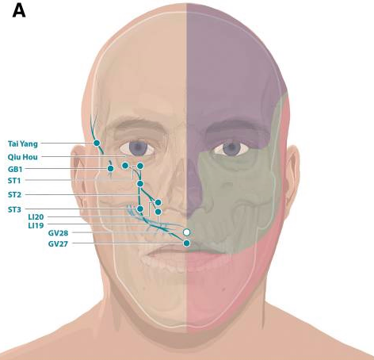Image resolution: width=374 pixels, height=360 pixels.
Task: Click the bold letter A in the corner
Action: coord(19,11)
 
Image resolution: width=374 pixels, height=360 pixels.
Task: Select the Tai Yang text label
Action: coord(23,144)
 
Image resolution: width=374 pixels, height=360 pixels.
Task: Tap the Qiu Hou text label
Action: coord(22,157)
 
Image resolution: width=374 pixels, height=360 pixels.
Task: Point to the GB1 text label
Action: coord(15,169)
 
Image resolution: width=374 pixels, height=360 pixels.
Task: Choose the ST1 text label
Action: coord(14,181)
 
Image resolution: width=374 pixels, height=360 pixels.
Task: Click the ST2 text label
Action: coord(14,195)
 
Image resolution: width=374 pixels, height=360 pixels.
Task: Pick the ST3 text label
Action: coord(14,209)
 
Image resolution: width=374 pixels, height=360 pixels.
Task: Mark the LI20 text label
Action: coord(36,217)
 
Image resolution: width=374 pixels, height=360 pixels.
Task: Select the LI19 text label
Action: coord(36,226)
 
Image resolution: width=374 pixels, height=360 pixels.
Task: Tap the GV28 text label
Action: coord(58,233)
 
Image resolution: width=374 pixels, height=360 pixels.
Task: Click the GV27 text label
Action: coord(58,243)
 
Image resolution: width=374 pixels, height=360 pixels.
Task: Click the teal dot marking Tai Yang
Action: coord(97,143)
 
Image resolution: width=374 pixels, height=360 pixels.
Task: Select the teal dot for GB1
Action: coord(110,168)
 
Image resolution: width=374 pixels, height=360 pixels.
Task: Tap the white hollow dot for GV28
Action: coord(186,232)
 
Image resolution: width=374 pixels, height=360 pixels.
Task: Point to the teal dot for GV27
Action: coord(186,243)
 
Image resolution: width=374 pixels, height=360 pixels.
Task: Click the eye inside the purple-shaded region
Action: coord(231,149)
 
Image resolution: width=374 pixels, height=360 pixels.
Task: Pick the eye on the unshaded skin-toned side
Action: coord(137,148)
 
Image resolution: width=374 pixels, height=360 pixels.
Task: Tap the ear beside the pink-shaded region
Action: coord(292,173)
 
